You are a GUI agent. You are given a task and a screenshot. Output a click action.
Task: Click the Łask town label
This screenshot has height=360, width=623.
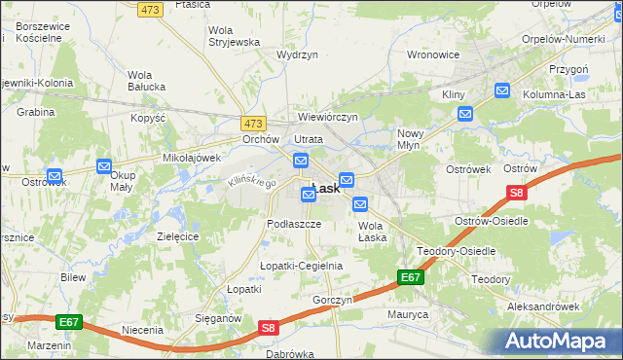325,189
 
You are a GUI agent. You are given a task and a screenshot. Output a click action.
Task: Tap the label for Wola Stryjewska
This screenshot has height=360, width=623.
234,36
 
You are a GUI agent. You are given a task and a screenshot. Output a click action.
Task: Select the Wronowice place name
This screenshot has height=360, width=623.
432,54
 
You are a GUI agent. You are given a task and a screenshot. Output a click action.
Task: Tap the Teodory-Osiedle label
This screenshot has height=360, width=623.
456,251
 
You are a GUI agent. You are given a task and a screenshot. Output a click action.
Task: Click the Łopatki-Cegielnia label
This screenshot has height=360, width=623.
301,266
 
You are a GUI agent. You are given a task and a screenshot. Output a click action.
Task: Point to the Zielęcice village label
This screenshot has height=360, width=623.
178,236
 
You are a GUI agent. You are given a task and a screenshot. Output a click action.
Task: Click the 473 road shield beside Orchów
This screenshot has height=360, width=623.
253,124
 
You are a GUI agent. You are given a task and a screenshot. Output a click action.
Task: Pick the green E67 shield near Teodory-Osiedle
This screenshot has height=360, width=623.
411,278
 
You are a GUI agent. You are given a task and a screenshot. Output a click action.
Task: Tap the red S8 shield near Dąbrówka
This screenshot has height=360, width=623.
270,330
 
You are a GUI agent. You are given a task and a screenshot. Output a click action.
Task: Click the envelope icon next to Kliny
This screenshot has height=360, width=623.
465,114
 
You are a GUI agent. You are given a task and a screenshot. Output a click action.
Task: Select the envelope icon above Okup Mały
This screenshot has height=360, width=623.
105,167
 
